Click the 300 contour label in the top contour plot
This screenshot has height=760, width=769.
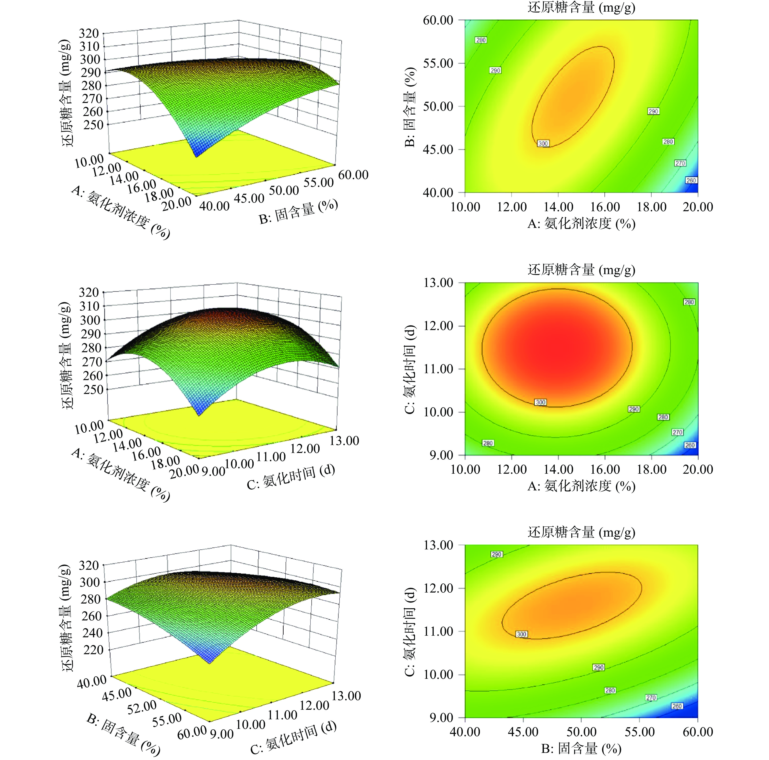click(x=543, y=143)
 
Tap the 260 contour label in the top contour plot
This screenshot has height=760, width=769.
click(x=691, y=180)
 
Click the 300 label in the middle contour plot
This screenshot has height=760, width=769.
click(x=541, y=402)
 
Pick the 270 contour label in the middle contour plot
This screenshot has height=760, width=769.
click(x=677, y=432)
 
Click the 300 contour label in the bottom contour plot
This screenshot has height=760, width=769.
click(x=521, y=634)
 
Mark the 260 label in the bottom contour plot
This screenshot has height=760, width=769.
click(x=677, y=706)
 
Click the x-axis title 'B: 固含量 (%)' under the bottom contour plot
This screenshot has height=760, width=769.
click(x=581, y=748)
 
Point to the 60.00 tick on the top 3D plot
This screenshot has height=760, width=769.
click(x=353, y=175)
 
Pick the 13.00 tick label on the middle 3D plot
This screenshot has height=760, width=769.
click(x=345, y=441)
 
